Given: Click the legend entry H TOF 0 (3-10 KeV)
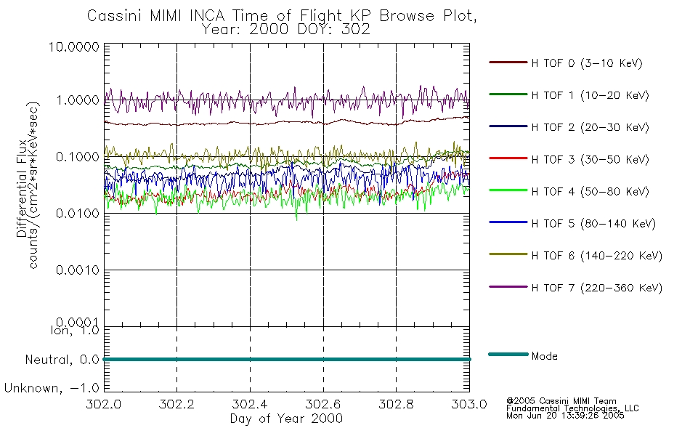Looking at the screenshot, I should click(588, 63).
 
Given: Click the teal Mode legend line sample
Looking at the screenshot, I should click(507, 355).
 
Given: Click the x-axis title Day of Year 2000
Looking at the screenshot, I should click(286, 419).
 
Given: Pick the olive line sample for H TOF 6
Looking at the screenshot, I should click(507, 256).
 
